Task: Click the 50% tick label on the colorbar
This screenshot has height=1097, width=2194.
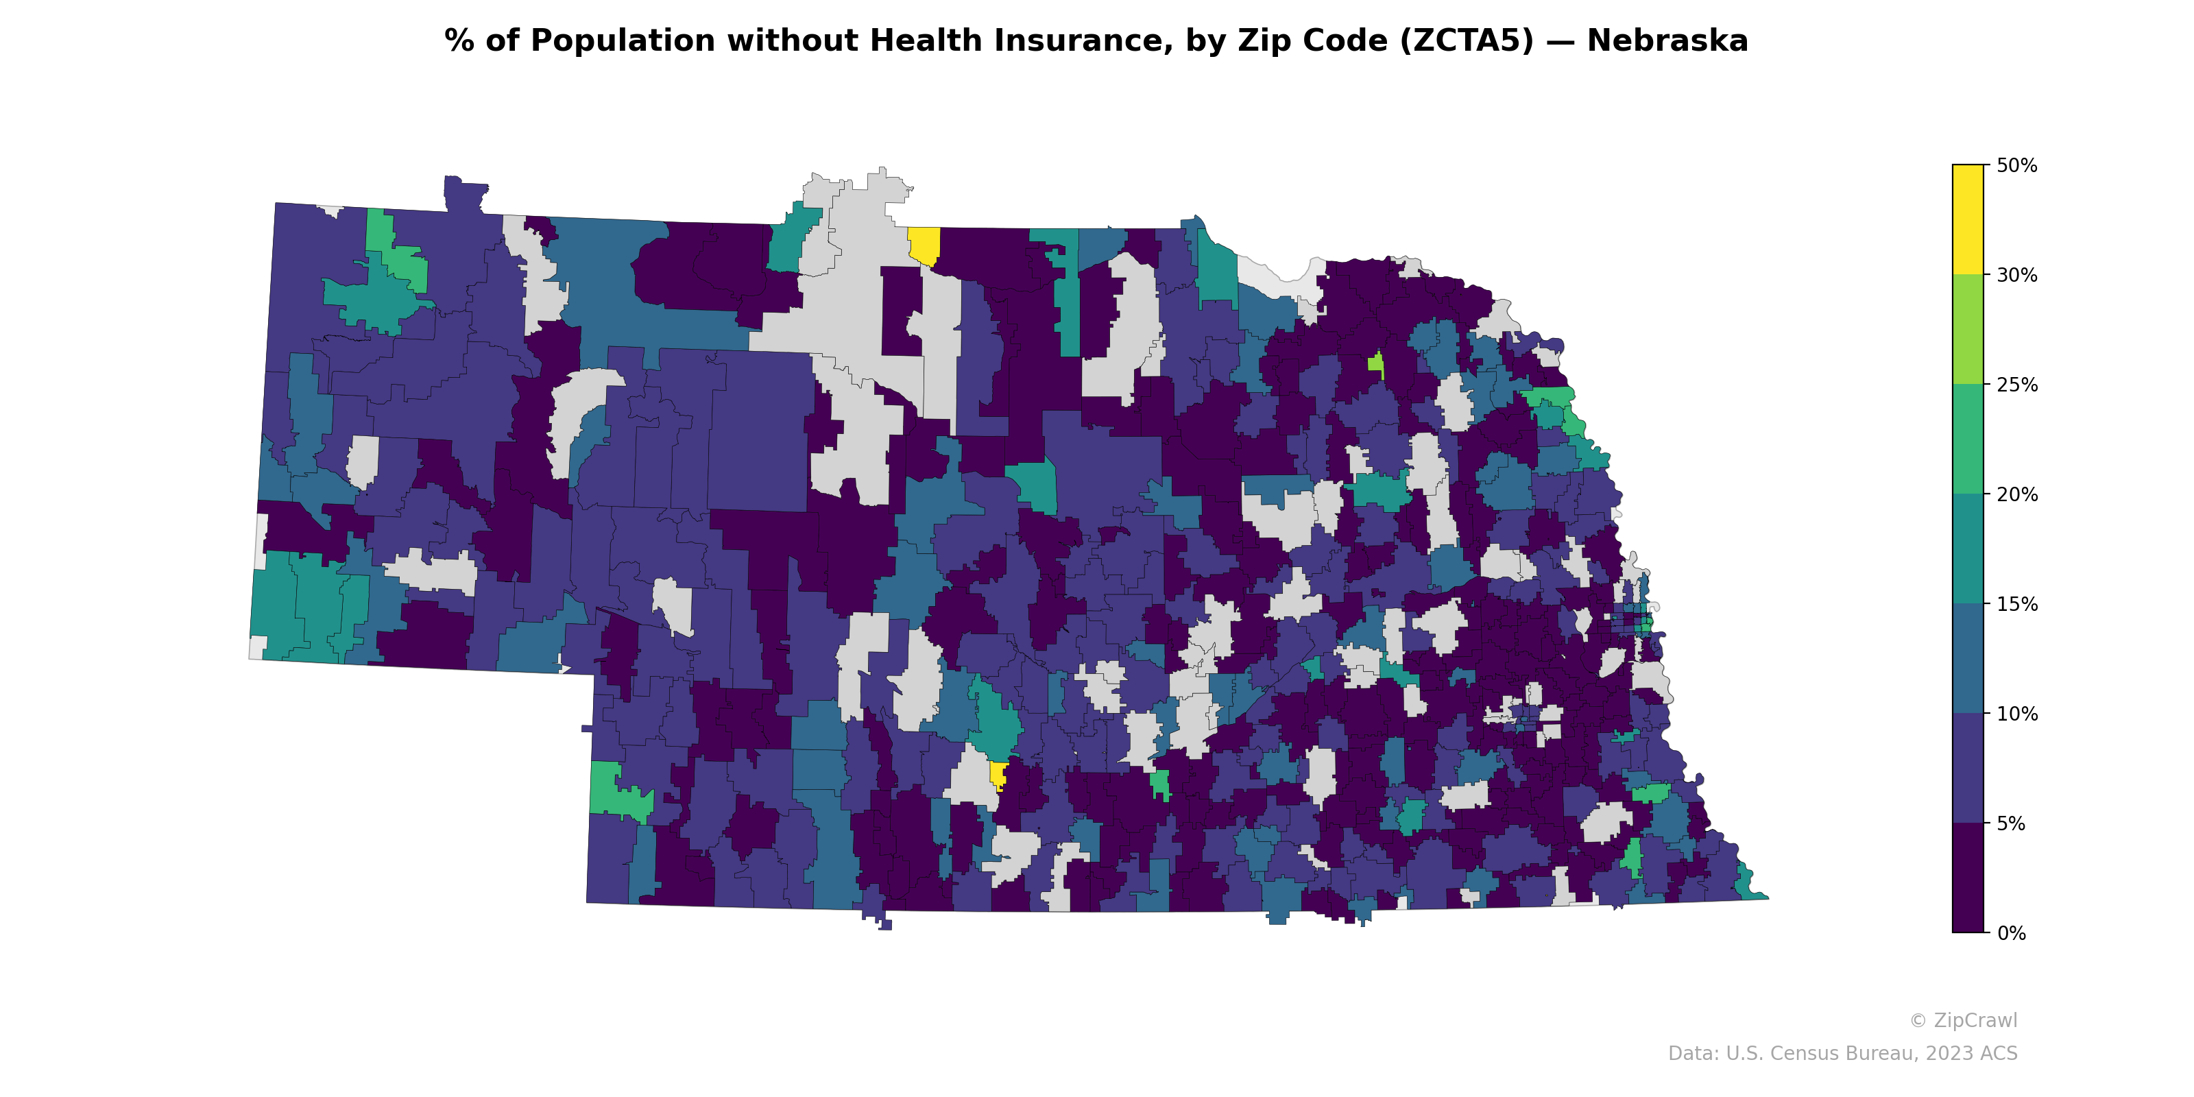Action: pyautogui.click(x=2016, y=165)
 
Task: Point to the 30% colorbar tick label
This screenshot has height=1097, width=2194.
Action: pyautogui.click(x=2016, y=275)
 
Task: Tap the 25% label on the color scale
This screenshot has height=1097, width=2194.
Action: pyautogui.click(x=2016, y=385)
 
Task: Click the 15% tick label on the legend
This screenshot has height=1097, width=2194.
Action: pyautogui.click(x=2016, y=605)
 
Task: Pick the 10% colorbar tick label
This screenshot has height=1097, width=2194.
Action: pyautogui.click(x=2016, y=714)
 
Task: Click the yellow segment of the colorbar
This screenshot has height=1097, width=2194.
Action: pyautogui.click(x=1968, y=219)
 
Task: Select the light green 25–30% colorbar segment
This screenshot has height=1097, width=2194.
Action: pyautogui.click(x=1968, y=330)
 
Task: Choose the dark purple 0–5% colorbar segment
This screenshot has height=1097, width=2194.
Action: pyautogui.click(x=1968, y=878)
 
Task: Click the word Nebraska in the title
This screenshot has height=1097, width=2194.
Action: pyautogui.click(x=1667, y=41)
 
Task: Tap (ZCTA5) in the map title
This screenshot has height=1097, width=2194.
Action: pyautogui.click(x=1466, y=41)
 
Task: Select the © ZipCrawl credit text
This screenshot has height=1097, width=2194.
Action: pyautogui.click(x=1962, y=1020)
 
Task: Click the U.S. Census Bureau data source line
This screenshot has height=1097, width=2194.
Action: pyautogui.click(x=1842, y=1054)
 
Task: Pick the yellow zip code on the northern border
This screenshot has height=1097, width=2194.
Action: pyautogui.click(x=924, y=245)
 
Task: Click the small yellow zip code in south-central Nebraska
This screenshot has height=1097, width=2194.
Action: pyautogui.click(x=998, y=775)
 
